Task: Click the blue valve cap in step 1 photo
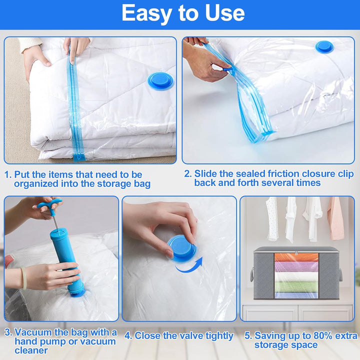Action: tap(160, 81)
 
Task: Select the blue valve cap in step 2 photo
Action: tap(324, 47)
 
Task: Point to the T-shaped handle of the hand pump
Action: tap(49, 205)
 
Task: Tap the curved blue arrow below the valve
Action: tap(189, 265)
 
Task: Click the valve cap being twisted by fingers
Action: tap(181, 247)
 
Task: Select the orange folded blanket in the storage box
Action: tap(296, 257)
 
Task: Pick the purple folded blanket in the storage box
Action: tap(296, 266)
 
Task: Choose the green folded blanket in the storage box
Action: tap(296, 287)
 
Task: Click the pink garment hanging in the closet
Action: tap(335, 218)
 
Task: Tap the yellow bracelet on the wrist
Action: tap(24, 278)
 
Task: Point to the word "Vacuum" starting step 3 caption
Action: tap(33, 332)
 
